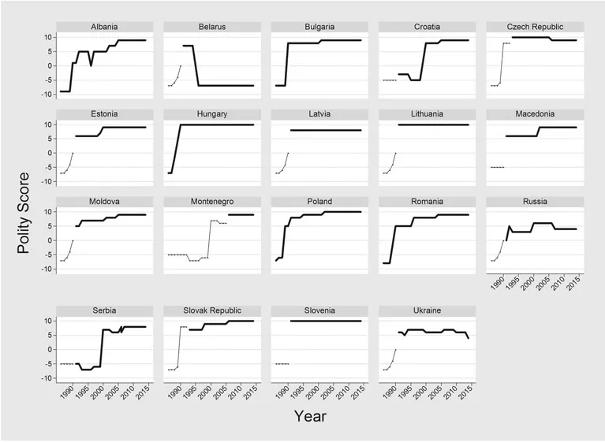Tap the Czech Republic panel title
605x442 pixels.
click(x=535, y=27)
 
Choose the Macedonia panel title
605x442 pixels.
click(x=535, y=114)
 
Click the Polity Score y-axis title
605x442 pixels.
click(x=26, y=213)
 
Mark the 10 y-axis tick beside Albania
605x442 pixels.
click(x=47, y=37)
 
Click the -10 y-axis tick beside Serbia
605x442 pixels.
click(x=46, y=379)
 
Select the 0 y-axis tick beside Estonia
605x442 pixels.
click(x=50, y=153)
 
